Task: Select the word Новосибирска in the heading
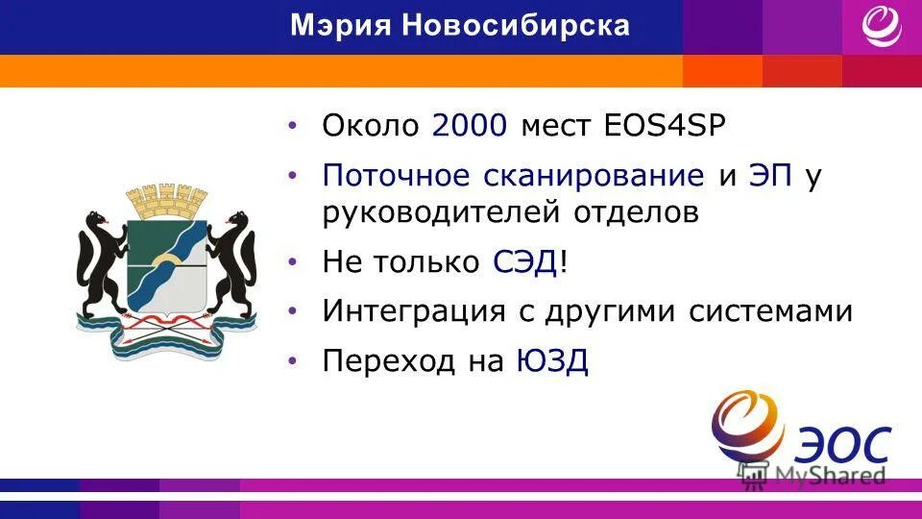516,26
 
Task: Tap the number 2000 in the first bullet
470,125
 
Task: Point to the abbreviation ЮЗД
552,361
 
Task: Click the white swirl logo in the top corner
881,26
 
